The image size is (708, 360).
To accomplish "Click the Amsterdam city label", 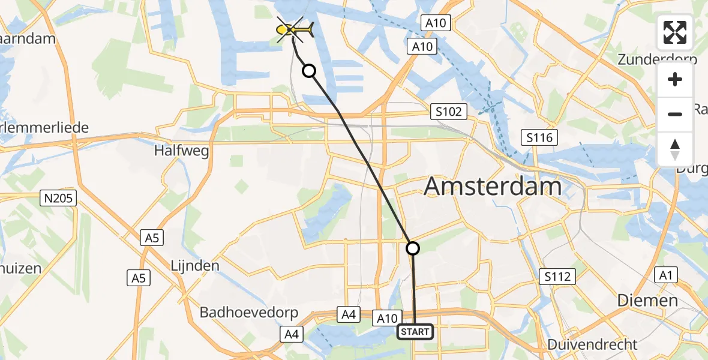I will tap(493, 187).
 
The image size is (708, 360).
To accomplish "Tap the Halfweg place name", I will tap(182, 151).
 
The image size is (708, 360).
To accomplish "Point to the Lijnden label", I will tap(195, 265).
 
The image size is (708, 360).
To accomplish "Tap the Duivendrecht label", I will tap(592, 344).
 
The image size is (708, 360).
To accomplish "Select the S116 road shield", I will tap(539, 137).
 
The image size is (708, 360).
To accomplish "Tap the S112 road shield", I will tap(557, 277).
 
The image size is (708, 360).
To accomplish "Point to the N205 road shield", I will tap(59, 197).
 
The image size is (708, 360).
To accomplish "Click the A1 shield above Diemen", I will tap(665, 275).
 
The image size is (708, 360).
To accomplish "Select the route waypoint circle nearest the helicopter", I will tap(308, 71).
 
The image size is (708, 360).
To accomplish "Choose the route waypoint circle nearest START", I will tap(413, 247).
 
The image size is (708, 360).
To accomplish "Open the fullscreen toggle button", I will tap(675, 32).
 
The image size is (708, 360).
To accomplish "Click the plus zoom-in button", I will tap(675, 79).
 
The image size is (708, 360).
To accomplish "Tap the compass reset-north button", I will tap(675, 149).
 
